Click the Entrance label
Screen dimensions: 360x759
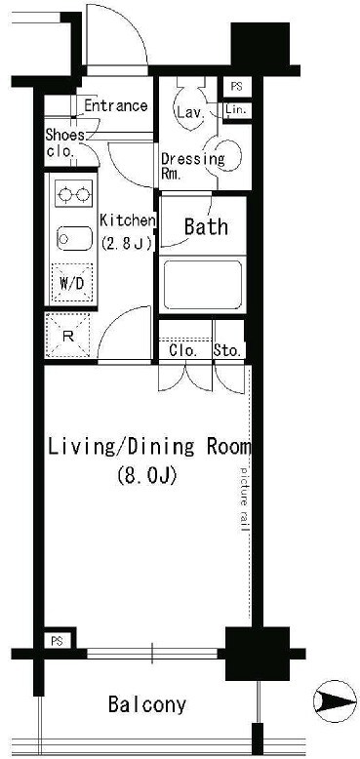[x=116, y=105]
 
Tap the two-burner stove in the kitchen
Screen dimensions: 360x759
[x=73, y=194]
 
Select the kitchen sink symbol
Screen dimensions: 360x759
[x=74, y=238]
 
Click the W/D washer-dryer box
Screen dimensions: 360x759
[x=71, y=283]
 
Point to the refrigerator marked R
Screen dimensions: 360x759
[x=67, y=336]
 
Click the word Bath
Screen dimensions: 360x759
[x=206, y=226]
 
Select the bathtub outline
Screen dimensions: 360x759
[x=203, y=285]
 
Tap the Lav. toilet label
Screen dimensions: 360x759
[x=189, y=114]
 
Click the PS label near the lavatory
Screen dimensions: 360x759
[x=236, y=87]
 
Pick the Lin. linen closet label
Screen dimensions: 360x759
[x=236, y=110]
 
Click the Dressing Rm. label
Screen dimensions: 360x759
[x=192, y=166]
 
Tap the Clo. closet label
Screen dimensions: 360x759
[x=183, y=350]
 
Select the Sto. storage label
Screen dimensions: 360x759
[x=227, y=350]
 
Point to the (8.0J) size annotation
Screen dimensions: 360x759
[x=145, y=476]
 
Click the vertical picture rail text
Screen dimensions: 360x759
[x=244, y=499]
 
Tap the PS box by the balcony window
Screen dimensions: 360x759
[x=58, y=641]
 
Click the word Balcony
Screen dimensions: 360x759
[x=146, y=704]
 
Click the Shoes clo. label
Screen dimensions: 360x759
[x=64, y=142]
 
